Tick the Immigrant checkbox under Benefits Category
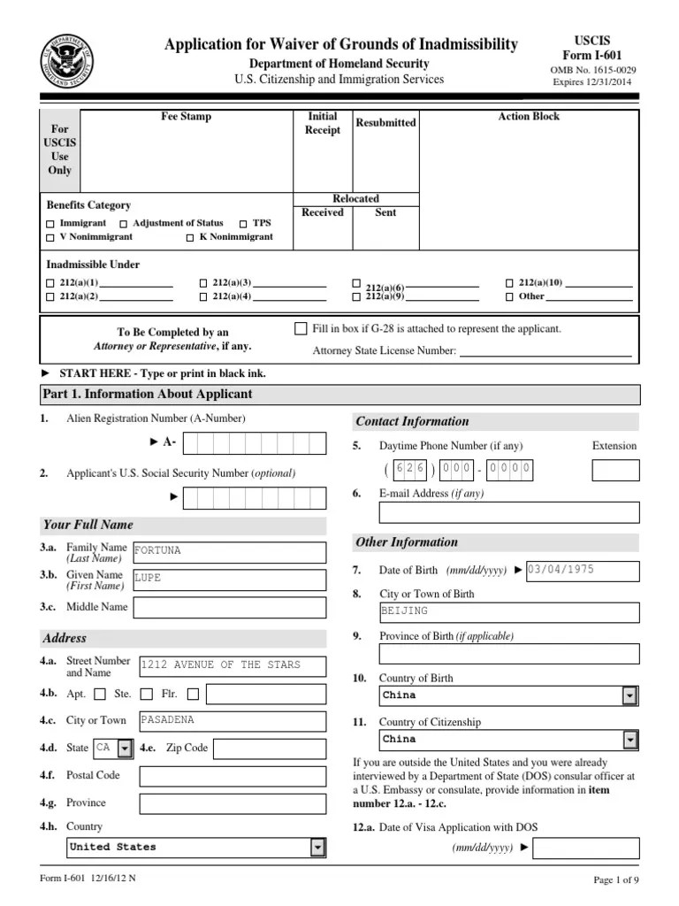point(51,224)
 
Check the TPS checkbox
point(243,224)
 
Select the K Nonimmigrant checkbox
point(190,237)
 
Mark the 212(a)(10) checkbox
point(509,283)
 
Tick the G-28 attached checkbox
point(301,328)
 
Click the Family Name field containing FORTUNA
point(228,552)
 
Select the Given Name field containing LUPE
point(228,580)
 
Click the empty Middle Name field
point(228,607)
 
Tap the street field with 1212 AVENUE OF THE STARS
point(232,666)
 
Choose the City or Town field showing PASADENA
point(228,721)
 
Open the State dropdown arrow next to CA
point(125,749)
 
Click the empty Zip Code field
point(269,749)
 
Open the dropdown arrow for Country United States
point(317,848)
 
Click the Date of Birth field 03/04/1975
point(582,571)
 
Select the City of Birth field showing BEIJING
point(508,612)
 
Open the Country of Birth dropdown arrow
point(629,696)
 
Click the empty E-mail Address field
point(508,512)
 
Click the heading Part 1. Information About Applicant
point(147,395)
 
